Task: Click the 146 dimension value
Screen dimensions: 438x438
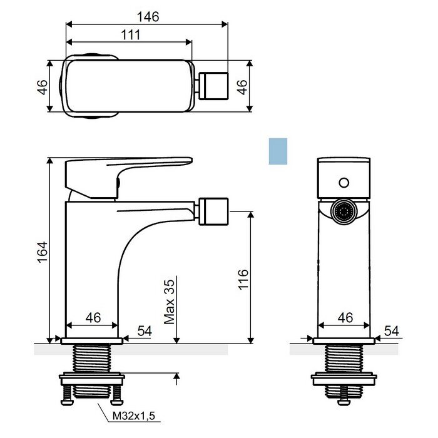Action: (x=148, y=17)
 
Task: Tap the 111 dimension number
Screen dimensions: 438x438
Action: (x=131, y=35)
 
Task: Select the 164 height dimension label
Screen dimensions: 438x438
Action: (x=43, y=252)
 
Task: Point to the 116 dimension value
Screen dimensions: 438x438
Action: (x=243, y=279)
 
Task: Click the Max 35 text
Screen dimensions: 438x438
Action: (x=170, y=302)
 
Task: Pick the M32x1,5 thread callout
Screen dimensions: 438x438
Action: (x=133, y=416)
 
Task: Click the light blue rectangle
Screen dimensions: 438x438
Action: (x=278, y=151)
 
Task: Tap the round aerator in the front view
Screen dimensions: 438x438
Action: (x=344, y=211)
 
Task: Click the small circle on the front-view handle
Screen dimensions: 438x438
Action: (x=344, y=183)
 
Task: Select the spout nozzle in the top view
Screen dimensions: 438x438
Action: (x=214, y=86)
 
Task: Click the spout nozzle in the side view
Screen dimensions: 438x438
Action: (x=214, y=211)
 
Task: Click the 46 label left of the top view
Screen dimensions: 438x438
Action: (x=42, y=87)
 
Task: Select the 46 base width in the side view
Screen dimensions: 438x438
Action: (x=93, y=318)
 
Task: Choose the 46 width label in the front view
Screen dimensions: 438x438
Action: (x=345, y=318)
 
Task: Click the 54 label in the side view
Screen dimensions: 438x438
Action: (x=145, y=331)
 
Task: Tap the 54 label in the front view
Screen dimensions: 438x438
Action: (x=392, y=331)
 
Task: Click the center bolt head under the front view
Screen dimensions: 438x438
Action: (x=344, y=402)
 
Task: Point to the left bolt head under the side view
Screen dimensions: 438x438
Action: (x=66, y=402)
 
